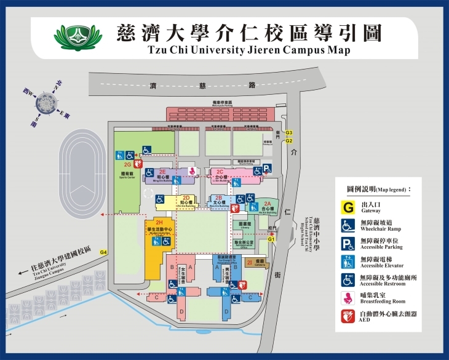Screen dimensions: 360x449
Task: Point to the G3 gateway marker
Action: click(288, 134)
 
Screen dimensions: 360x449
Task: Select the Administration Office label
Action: click(245, 244)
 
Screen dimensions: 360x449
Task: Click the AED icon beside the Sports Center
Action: click(138, 164)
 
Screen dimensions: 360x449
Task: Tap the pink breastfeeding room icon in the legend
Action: click(348, 298)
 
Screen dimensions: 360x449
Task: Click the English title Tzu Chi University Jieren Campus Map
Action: click(249, 50)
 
